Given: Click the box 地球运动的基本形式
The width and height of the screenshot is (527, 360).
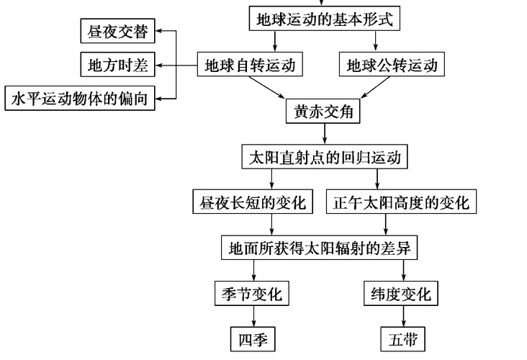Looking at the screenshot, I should [x=325, y=19].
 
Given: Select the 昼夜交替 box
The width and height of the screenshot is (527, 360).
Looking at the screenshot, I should [x=117, y=32].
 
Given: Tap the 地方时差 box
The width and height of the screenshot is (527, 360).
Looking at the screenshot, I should [x=117, y=65].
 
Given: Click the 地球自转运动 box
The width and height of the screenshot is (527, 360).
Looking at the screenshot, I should [x=249, y=66].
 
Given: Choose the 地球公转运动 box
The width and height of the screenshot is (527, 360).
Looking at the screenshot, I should [x=392, y=66].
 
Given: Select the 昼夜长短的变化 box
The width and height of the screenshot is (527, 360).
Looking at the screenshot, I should [x=253, y=202].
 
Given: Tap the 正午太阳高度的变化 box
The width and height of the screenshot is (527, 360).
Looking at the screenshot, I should [x=401, y=202].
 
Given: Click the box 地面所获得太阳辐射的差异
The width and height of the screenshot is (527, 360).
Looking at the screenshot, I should [x=320, y=248].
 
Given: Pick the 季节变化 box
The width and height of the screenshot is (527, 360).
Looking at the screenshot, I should [x=253, y=294].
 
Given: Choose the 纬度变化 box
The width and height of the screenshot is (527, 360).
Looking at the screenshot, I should [x=401, y=294].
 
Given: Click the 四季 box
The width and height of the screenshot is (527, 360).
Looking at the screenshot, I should [x=253, y=338].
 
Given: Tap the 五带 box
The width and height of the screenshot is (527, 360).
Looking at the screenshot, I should [x=401, y=338].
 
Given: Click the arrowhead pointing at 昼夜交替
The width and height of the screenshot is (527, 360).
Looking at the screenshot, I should [x=162, y=32].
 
